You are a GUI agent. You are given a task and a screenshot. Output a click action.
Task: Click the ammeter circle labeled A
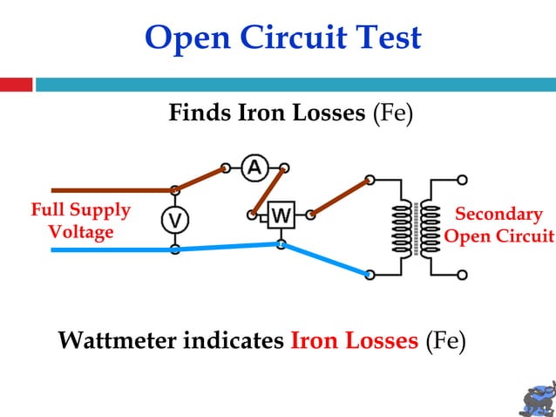coord(254,167)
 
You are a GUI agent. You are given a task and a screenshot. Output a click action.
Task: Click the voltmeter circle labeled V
coord(175,220)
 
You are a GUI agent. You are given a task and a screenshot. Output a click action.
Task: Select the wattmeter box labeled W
coord(281,215)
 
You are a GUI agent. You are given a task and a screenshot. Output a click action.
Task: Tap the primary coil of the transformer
coord(403,229)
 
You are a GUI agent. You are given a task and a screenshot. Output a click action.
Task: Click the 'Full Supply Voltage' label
coord(80,222)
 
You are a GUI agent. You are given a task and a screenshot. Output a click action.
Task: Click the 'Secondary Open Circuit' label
coord(499,226)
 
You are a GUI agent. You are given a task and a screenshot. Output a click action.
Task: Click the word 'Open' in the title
coord(184,38)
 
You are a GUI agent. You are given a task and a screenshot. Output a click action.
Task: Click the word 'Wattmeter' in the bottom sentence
coord(118,340)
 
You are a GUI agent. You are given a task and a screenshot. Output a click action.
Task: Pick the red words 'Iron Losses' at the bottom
coord(354,340)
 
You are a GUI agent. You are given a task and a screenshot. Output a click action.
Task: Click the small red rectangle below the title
coord(16,85)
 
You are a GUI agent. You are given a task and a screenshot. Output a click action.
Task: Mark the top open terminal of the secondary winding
coord(462,180)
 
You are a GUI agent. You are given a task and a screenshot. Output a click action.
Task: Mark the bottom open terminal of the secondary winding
coord(462,275)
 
